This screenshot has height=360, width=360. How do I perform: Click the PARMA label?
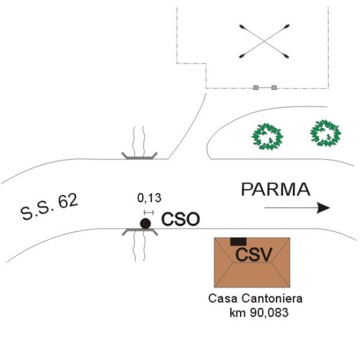[x=275, y=190]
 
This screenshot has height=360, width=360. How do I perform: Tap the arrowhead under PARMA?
[x=323, y=208]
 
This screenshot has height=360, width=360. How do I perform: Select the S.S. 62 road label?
[x=49, y=207]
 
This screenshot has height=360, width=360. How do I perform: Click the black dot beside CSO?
[x=145, y=224]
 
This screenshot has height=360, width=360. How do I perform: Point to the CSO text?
[x=181, y=219]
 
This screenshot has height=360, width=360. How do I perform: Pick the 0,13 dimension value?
[x=149, y=198]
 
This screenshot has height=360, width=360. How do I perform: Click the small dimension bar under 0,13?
[x=149, y=212]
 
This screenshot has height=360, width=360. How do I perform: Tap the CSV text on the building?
[x=254, y=254]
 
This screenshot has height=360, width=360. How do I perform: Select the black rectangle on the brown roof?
[x=238, y=242]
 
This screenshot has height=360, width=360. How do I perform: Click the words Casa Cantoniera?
[x=256, y=298]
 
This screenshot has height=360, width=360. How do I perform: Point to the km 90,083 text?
[x=259, y=313]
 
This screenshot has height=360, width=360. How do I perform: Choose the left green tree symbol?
[x=267, y=137]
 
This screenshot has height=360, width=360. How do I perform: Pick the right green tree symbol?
[x=326, y=133]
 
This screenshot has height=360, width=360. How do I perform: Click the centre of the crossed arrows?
[x=264, y=41]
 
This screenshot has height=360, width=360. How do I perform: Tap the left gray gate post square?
[x=256, y=88]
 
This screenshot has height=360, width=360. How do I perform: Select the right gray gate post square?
[x=274, y=88]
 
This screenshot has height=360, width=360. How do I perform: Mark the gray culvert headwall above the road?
[x=140, y=157]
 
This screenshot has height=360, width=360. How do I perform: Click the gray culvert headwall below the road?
[x=140, y=230]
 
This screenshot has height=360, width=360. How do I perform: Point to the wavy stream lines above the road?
[x=139, y=141]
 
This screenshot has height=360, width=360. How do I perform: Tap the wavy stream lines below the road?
[x=139, y=246]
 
